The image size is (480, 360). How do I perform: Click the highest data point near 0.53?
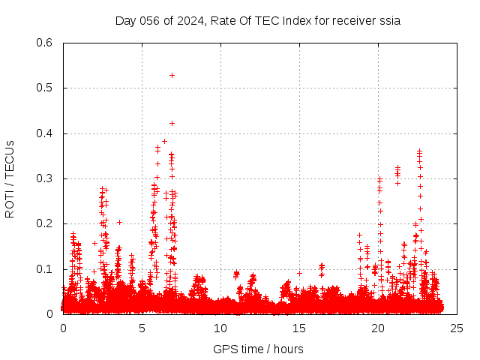point(172,75)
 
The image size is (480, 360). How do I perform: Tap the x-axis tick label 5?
point(142,328)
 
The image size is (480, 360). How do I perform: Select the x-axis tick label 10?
point(220,328)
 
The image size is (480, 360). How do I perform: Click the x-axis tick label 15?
point(299,328)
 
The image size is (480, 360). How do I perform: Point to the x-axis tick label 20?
point(378,328)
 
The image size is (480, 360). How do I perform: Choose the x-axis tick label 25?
point(457,328)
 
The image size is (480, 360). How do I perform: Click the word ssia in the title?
point(388,21)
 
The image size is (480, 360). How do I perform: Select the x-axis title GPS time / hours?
point(258,349)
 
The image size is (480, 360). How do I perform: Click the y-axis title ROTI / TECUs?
point(10,178)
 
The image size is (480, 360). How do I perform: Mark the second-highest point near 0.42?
point(172,123)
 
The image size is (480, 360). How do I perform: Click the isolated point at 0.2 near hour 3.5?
point(119,222)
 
